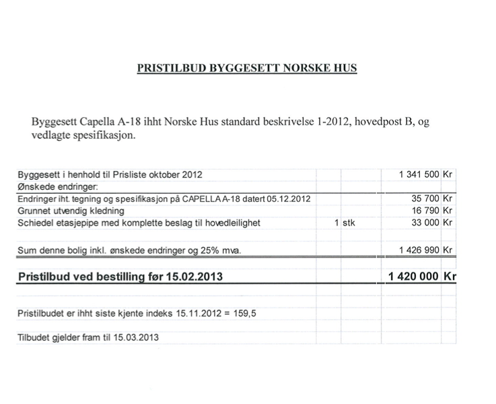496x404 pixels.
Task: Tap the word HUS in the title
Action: [343, 68]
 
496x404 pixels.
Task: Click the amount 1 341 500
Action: [419, 174]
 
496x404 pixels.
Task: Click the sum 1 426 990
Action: [419, 250]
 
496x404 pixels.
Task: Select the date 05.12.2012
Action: [288, 199]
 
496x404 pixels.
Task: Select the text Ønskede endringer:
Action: [58, 187]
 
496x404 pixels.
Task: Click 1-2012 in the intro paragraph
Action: [326, 122]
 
